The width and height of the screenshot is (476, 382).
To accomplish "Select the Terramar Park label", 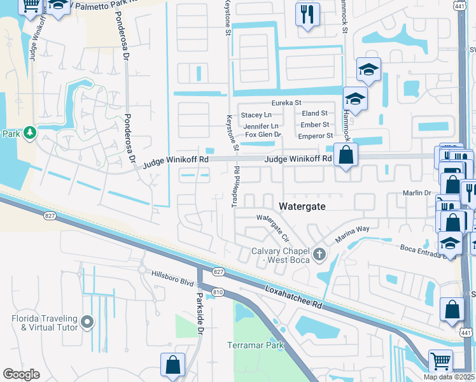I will pos(254,345).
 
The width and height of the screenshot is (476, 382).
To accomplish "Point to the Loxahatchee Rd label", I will pos(295,298).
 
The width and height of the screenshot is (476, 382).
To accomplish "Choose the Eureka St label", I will pos(286,103).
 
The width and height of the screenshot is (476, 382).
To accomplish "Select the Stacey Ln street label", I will pos(256,115).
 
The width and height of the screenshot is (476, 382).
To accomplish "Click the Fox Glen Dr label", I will pos(263,134).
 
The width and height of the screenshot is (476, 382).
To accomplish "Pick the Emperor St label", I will pos(316,136).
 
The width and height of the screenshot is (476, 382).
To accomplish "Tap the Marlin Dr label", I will pos(417,193).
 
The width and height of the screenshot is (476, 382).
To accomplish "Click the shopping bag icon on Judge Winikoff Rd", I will pos(346,155).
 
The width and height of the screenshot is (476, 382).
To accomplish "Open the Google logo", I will pos(21,374).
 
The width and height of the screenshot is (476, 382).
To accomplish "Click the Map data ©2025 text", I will pos(448,377).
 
